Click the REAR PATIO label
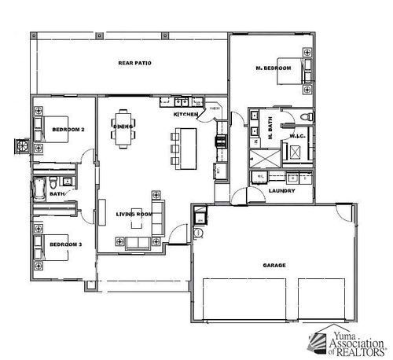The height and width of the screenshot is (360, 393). (134, 62)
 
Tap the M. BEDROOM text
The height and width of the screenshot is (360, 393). (274, 68)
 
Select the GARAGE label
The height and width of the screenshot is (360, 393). (274, 265)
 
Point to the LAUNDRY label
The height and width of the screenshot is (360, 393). (281, 190)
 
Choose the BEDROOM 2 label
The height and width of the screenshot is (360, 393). (68, 129)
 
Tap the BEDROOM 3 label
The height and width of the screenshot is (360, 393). (65, 244)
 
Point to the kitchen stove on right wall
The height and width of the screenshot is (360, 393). (222, 141)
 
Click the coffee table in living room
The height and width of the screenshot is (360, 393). (137, 221)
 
